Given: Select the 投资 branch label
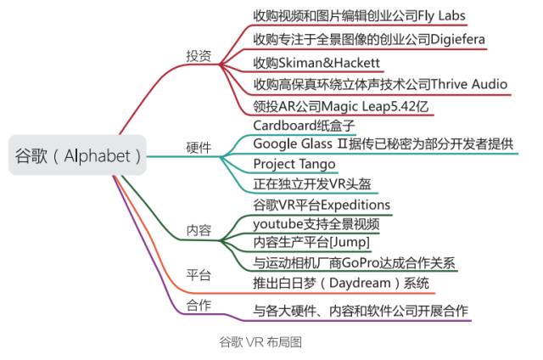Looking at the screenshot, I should coord(199,55).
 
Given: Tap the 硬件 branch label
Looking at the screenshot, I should coord(199,146).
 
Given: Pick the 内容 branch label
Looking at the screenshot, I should coord(199,231).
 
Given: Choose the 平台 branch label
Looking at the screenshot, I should coord(199,275).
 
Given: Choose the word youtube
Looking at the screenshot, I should coord(277,224).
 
